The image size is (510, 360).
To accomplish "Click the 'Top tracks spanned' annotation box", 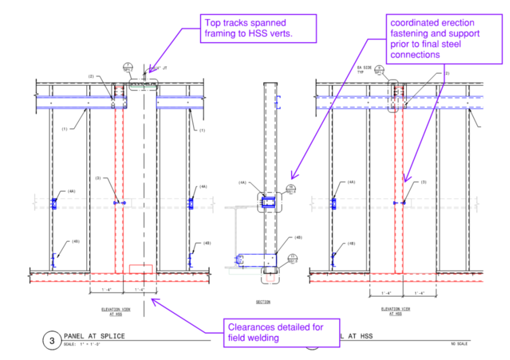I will [258, 28].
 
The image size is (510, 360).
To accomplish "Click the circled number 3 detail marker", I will [52, 341].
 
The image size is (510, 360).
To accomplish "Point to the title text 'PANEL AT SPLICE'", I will [94, 336].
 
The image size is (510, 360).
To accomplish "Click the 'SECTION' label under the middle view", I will [263, 302].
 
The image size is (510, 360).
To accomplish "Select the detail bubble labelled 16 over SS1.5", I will [291, 189].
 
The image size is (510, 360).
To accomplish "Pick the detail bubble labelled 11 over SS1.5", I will [293, 258].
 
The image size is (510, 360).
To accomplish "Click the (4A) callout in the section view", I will [242, 183].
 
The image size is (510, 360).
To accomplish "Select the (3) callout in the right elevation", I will [424, 182].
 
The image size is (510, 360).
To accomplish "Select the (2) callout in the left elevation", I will [91, 76].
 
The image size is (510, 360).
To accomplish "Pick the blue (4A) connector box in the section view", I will [269, 203].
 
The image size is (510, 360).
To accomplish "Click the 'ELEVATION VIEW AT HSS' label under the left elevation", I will [116, 311].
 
